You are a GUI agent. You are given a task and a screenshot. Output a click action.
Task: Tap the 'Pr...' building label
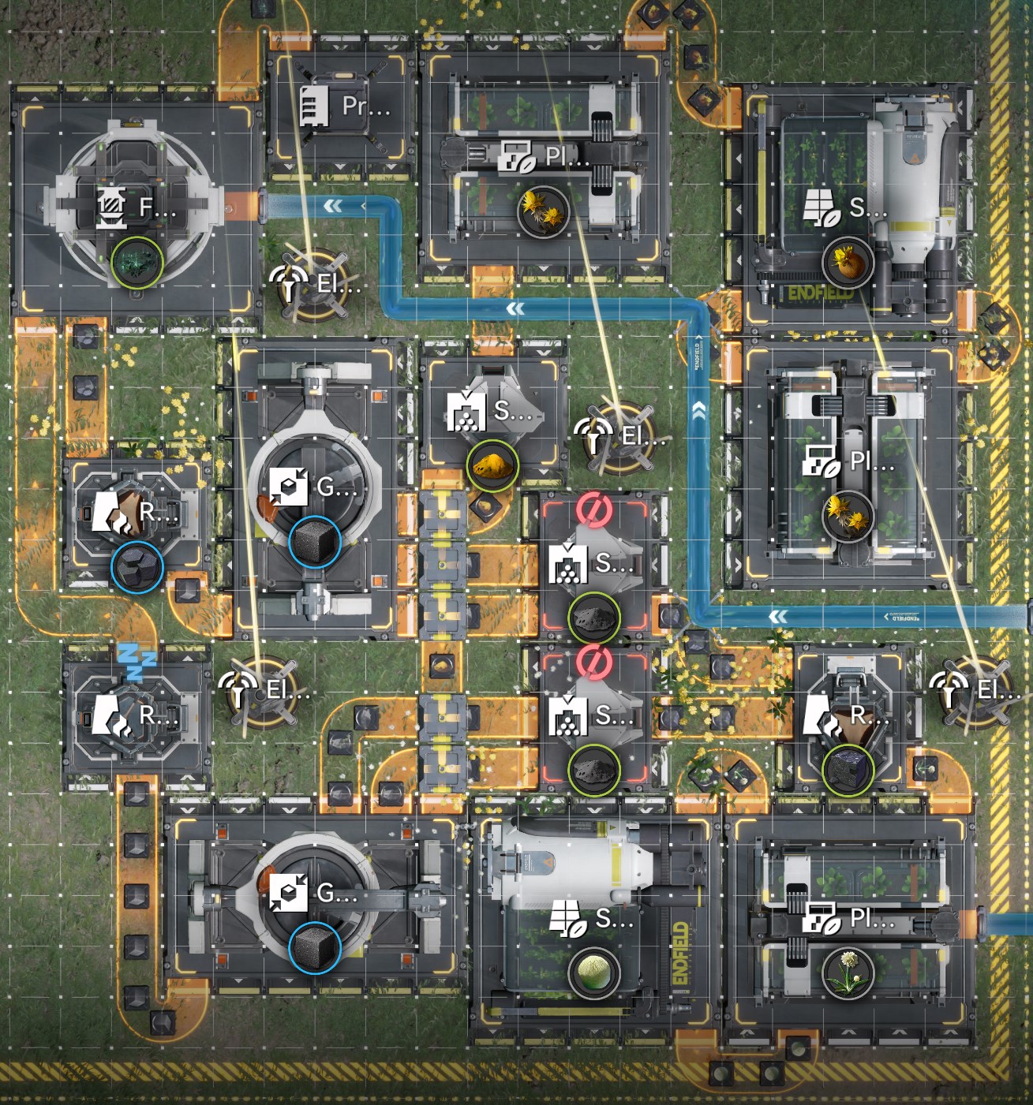point(365,106)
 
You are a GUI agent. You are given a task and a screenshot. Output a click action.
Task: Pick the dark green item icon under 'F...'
point(137,263)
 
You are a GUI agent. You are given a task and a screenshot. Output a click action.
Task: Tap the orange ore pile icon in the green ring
point(492,465)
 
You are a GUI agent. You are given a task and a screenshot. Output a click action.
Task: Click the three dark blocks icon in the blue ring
point(137,567)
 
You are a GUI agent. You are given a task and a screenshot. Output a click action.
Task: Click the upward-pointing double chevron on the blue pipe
point(699,409)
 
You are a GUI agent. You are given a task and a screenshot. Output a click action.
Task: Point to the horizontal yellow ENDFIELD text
point(821,294)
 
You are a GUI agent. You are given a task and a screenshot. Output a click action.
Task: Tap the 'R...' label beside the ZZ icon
point(158,715)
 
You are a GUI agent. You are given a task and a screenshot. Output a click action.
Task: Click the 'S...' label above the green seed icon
point(614,918)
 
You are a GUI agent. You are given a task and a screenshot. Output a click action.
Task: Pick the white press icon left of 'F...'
point(110,207)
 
